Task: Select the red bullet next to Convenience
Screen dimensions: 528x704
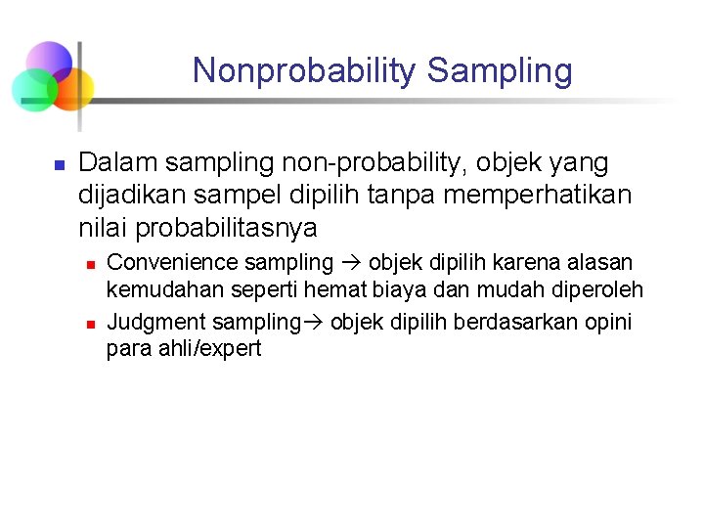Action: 88,265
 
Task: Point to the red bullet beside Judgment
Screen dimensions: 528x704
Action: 88,323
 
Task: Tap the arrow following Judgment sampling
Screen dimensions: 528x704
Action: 316,322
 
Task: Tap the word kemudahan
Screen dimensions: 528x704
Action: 162,290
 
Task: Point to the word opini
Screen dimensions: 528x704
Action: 608,322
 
